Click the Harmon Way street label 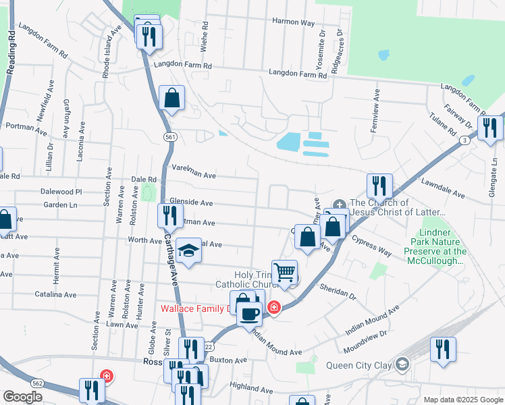pos(294,22)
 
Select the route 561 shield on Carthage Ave pos(170,137)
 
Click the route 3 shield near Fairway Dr pos(464,140)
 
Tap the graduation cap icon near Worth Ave pos(189,251)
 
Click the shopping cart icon pos(285,272)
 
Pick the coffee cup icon pos(249,313)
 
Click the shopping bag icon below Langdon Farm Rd pos(172,98)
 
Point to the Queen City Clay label pos(358,366)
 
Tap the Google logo pos(22,397)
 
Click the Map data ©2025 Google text pos(463,400)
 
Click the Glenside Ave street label pos(191,202)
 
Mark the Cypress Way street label pos(371,246)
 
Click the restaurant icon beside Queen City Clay pos(443,350)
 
